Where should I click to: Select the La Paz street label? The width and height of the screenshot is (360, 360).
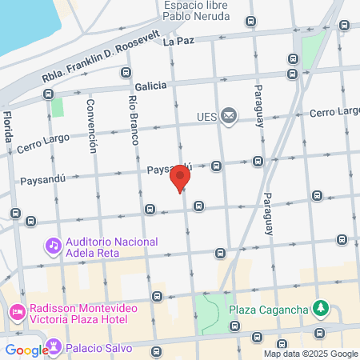pos(178,40)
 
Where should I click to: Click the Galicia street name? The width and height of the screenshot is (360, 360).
pos(150,85)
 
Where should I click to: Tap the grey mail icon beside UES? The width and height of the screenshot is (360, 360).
pos(230,117)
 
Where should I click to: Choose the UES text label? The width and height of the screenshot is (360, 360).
pos(207,117)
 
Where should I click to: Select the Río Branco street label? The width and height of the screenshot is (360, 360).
pos(133,120)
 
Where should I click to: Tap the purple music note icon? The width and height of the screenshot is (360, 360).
pos(53,244)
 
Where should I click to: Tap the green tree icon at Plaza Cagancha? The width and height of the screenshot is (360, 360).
pos(320,307)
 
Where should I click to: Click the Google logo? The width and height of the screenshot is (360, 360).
pos(26,350)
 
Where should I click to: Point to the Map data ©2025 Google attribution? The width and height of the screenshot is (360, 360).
pos(311,354)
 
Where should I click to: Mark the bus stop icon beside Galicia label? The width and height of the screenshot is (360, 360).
pos(125,73)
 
